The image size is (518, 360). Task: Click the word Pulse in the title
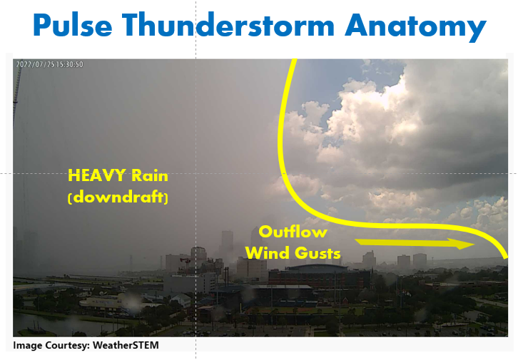(72, 26)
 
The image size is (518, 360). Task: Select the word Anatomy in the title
(417, 26)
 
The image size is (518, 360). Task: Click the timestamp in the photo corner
(50, 65)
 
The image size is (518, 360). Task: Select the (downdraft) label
(118, 197)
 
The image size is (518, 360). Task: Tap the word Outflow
(293, 232)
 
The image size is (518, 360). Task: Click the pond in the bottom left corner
(43, 319)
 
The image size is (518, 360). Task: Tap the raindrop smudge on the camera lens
(133, 304)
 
